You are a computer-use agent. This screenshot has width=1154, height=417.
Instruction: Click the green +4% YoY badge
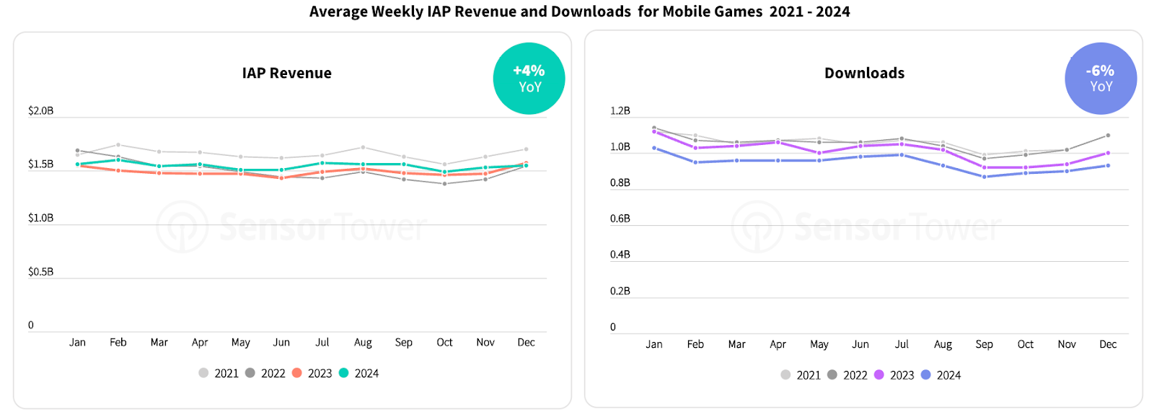pos(529,79)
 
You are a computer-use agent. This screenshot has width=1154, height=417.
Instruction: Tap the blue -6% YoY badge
pos(1101,79)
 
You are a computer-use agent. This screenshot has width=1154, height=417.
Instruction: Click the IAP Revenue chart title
pos(286,73)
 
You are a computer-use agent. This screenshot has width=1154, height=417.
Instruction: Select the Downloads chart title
pos(864,73)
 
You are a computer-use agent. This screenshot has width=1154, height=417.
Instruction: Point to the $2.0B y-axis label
pos(40,110)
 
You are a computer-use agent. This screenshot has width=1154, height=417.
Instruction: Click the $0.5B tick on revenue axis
pos(40,271)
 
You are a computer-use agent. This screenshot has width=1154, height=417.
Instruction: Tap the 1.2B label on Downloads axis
pos(620,110)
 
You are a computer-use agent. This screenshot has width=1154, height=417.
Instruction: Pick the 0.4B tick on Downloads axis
pos(620,254)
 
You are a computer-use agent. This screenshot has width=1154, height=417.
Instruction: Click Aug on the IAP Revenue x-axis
pos(363,342)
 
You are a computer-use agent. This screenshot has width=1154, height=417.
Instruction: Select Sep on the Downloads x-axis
pos(984,344)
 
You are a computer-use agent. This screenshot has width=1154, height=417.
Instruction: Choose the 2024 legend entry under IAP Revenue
pos(359,373)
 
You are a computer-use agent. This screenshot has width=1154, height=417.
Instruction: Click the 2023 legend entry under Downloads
pos(894,375)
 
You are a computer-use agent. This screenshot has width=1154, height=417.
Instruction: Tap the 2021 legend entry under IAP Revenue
pos(219,373)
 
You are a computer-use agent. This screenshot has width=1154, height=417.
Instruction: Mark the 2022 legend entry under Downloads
pos(847,375)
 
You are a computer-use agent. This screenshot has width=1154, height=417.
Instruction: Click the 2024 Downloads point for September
pos(985,177)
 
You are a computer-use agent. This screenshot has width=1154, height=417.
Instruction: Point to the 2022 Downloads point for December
pos(1108,136)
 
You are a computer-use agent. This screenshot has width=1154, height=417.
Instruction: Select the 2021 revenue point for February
pos(118,145)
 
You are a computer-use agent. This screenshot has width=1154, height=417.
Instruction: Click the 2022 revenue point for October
pos(444,183)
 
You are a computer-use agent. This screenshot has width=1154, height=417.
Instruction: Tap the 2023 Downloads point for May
pos(819,153)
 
